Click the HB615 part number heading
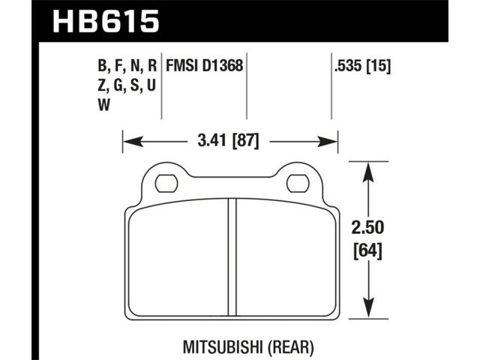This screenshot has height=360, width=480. (x=106, y=21)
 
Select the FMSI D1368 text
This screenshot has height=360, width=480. (x=205, y=65)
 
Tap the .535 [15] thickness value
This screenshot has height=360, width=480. (x=363, y=66)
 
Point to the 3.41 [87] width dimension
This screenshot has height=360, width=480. (x=228, y=142)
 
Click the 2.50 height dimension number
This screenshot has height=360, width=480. (x=367, y=228)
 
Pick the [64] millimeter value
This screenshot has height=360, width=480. (x=367, y=252)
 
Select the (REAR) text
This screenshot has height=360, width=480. (x=291, y=347)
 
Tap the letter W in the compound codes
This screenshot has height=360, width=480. (x=104, y=105)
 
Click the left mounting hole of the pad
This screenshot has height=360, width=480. (x=166, y=184)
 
